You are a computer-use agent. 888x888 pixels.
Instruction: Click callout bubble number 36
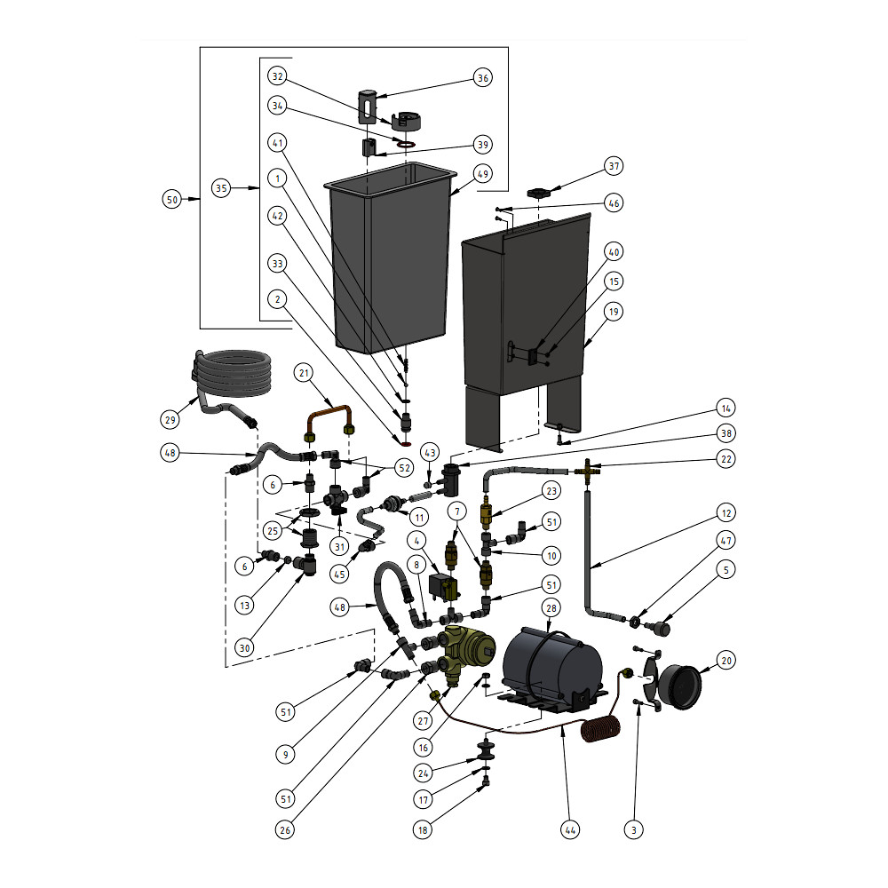(483, 78)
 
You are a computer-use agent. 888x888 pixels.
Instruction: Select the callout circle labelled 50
(172, 200)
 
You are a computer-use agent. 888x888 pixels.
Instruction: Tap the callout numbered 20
(727, 661)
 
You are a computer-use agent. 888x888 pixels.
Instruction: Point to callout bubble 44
(570, 830)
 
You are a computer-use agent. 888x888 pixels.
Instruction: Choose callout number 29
(171, 419)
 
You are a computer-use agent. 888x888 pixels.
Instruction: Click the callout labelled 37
(614, 166)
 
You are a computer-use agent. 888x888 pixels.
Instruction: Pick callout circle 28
(551, 607)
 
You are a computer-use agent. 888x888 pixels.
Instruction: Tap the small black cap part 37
(539, 193)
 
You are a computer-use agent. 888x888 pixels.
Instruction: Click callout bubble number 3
(633, 830)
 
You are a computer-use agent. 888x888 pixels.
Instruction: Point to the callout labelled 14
(727, 409)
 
